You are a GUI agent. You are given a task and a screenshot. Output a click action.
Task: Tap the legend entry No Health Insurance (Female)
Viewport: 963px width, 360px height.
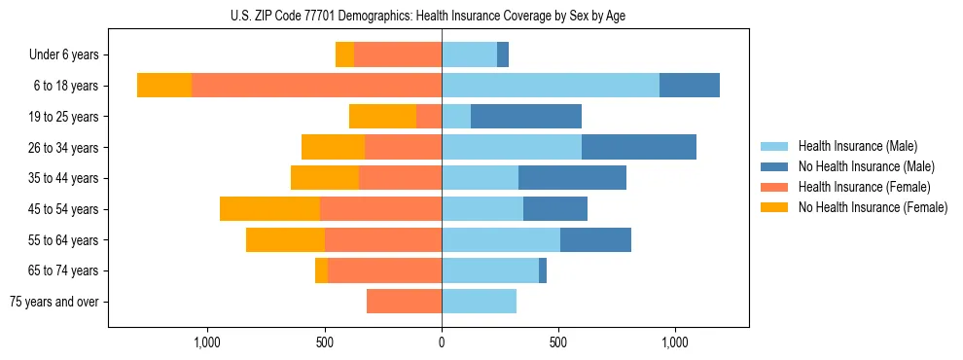tap(873, 207)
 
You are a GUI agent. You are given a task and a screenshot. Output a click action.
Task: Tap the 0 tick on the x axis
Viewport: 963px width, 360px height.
tap(442, 342)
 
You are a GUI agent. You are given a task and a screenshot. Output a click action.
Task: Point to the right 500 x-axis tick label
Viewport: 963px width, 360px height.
tap(558, 342)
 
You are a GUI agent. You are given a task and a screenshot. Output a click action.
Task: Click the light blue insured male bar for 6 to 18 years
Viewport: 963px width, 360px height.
tap(551, 86)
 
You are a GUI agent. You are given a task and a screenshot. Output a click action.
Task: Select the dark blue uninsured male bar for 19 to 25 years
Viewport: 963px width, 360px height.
tap(526, 117)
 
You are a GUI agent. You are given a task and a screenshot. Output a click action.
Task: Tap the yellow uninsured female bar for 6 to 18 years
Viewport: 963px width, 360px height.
tap(164, 86)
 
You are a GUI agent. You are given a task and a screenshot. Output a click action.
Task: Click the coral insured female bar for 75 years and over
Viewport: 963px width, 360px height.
tap(404, 302)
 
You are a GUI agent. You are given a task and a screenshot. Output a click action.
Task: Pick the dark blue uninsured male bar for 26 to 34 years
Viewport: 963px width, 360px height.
tap(639, 147)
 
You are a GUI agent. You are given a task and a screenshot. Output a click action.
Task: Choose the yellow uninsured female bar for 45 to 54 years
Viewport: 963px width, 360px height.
tap(269, 209)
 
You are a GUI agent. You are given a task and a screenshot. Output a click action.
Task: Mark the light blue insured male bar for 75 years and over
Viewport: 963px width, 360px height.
tap(479, 302)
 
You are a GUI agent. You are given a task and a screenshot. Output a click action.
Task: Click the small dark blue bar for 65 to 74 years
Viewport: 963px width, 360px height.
tap(543, 270)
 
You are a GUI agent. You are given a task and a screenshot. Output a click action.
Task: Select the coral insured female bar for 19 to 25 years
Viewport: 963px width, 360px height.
tap(429, 117)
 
